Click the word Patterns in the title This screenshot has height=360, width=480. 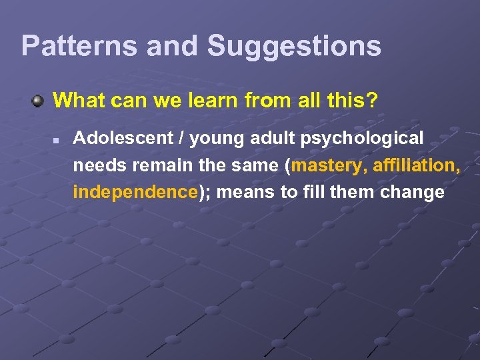[79, 46]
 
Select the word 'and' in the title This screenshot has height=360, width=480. [172, 46]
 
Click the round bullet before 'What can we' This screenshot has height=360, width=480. [39, 101]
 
